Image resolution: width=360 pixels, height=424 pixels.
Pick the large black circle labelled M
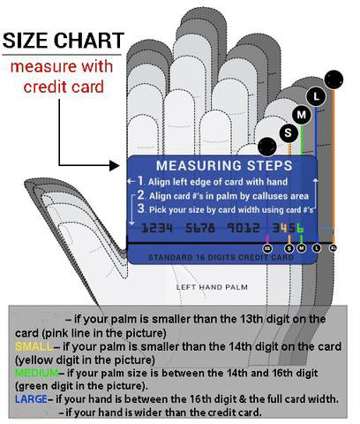coord(302,114)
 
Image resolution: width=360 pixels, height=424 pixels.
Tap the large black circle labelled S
coord(287,132)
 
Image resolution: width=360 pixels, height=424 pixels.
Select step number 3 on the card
coord(139,209)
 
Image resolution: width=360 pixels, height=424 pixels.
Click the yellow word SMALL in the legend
coord(26,344)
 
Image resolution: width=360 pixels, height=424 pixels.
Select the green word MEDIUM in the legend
coord(33,372)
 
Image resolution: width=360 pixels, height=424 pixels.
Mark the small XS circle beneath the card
coord(267,248)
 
